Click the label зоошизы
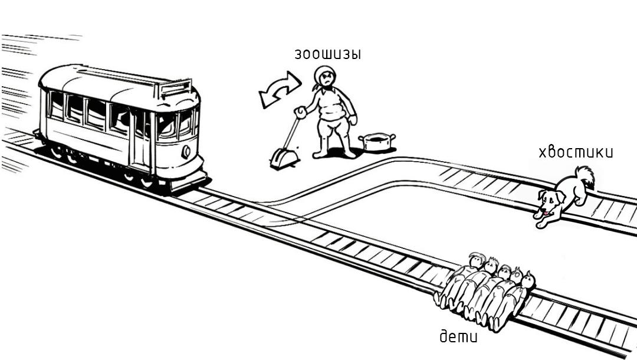click(x=328, y=54)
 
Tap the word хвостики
click(x=576, y=152)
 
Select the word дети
click(x=459, y=337)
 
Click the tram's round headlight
click(x=186, y=151)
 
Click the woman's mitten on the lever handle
click(x=301, y=112)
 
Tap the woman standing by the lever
click(x=332, y=115)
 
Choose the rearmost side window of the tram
click(x=57, y=106)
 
